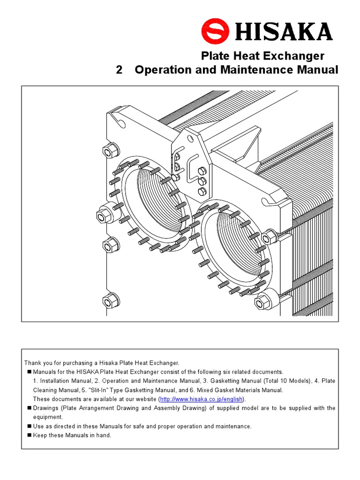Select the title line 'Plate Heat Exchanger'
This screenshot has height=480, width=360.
coord(262,56)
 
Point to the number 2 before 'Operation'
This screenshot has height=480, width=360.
coord(119,70)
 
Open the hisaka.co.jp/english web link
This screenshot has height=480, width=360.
coord(201,399)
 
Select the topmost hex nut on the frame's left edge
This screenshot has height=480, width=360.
coord(109,151)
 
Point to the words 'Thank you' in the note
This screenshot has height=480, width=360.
coord(37,363)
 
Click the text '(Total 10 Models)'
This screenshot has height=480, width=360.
coord(286,381)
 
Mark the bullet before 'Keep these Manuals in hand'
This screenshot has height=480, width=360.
coord(29,435)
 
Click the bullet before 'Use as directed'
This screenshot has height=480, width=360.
coord(29,426)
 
